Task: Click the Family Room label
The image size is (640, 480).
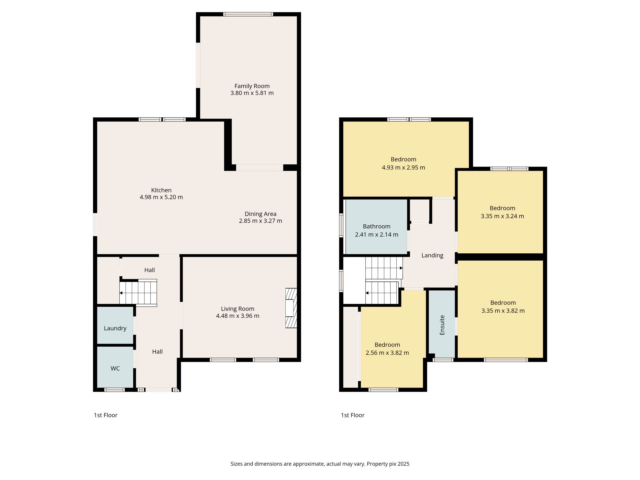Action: [x=252, y=86]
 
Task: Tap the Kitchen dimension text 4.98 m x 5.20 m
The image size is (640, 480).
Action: [x=161, y=197]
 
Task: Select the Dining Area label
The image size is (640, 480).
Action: [x=260, y=214]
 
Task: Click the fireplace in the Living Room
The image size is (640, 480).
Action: [x=291, y=308]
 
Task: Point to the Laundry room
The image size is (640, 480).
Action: [x=115, y=325]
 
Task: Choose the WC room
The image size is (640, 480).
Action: [x=115, y=367]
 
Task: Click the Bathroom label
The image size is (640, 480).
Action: [x=377, y=226]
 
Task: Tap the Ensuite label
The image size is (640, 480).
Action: [x=442, y=325]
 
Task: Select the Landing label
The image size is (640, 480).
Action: [x=432, y=255]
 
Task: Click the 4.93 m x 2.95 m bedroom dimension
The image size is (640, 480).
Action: [x=403, y=167]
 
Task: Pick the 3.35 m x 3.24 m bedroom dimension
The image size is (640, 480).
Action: [x=502, y=216]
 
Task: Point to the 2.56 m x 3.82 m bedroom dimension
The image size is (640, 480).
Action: [x=387, y=353]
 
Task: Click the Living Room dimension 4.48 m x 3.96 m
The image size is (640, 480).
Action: [x=238, y=316]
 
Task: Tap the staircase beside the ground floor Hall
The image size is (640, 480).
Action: [x=138, y=293]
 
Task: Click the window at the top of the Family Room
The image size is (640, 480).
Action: [x=248, y=14]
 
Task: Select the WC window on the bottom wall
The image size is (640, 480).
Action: [x=114, y=390]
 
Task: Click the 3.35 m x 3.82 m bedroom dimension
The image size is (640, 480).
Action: [x=503, y=311]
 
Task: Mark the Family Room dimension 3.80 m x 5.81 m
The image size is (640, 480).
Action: [x=252, y=93]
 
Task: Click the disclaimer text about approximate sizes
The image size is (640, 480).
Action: [x=320, y=464]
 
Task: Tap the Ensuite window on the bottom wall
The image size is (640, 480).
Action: [x=443, y=360]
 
